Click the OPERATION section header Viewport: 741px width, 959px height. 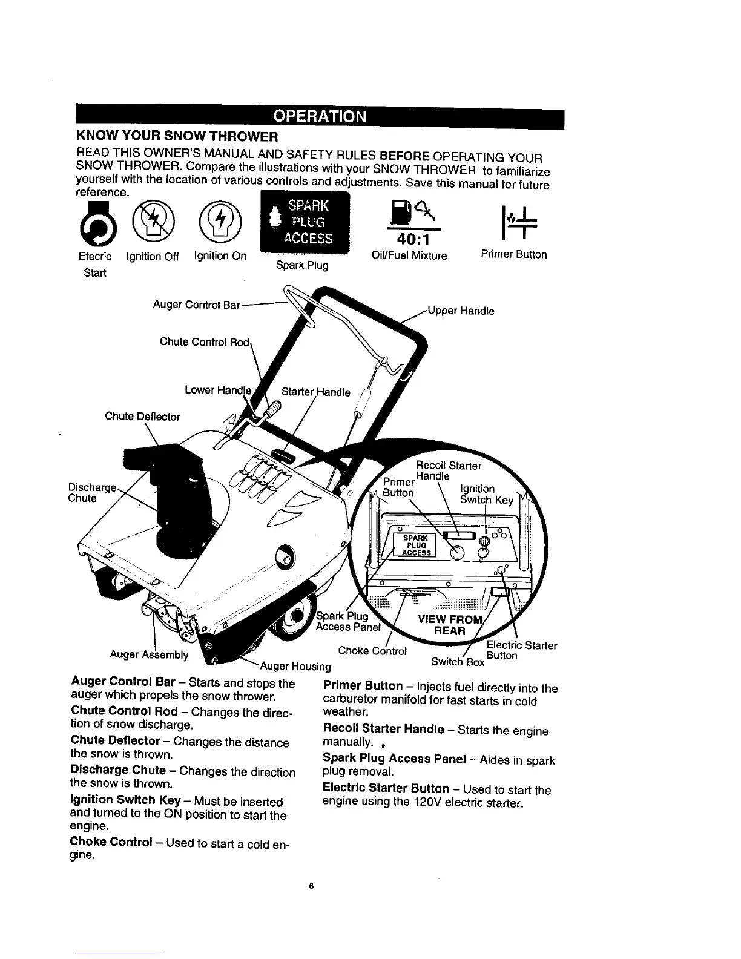(x=320, y=116)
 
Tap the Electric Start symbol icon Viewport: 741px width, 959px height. (x=94, y=222)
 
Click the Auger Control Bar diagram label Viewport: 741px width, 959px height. (x=197, y=305)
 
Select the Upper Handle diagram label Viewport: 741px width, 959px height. (x=461, y=311)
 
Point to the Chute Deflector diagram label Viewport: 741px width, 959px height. (x=142, y=417)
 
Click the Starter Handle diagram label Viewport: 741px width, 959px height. (x=315, y=392)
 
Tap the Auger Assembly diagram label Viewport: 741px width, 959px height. (x=149, y=654)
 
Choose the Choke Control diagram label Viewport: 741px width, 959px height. (x=372, y=651)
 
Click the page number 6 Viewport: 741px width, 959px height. (x=311, y=886)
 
